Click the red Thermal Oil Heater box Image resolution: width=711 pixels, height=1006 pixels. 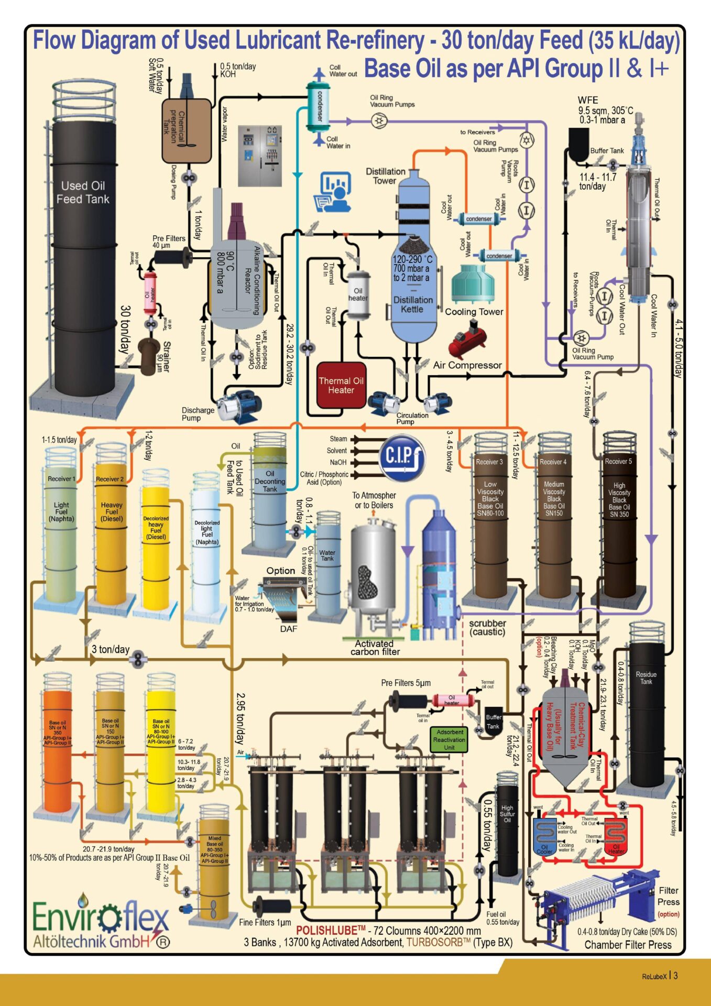pyautogui.click(x=341, y=385)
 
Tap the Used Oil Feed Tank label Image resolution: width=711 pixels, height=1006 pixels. pyautogui.click(x=83, y=192)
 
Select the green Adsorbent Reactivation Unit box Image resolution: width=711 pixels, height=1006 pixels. pyautogui.click(x=449, y=739)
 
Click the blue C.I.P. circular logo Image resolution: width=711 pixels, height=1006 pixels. pyautogui.click(x=402, y=456)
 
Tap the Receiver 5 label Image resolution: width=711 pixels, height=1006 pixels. pyautogui.click(x=618, y=462)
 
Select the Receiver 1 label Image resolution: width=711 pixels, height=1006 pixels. pyautogui.click(x=61, y=478)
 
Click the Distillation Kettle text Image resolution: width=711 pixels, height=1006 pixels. pyautogui.click(x=413, y=304)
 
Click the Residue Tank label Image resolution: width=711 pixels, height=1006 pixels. pyautogui.click(x=646, y=678)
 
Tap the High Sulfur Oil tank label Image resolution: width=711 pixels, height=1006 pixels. pyautogui.click(x=507, y=814)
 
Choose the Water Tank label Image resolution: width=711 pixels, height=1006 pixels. pyautogui.click(x=327, y=555)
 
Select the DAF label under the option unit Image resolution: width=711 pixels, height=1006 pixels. pyautogui.click(x=288, y=629)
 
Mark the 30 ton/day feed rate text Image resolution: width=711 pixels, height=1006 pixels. pyautogui.click(x=126, y=329)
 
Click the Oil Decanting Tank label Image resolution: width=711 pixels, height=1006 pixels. pyautogui.click(x=270, y=481)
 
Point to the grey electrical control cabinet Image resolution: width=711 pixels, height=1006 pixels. pyautogui.click(x=259, y=156)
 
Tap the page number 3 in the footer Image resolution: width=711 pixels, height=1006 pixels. pyautogui.click(x=676, y=976)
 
